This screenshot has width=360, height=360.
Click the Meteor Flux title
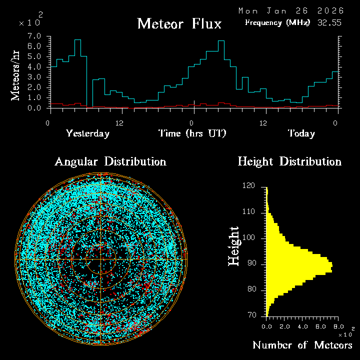coord(179,24)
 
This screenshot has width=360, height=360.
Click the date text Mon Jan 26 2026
coord(291,10)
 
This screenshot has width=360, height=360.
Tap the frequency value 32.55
coord(329,22)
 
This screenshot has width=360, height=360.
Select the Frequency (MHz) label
coord(277,22)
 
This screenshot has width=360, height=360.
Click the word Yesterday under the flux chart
coord(87,133)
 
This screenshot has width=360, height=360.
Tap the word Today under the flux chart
coord(301,133)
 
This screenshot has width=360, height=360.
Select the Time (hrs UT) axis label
coord(192,133)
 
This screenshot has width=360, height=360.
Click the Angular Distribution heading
coord(110,161)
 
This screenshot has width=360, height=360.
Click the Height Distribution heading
coord(289,161)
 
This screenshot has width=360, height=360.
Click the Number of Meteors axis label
coord(302,345)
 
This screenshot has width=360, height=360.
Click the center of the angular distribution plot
coord(101,259)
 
